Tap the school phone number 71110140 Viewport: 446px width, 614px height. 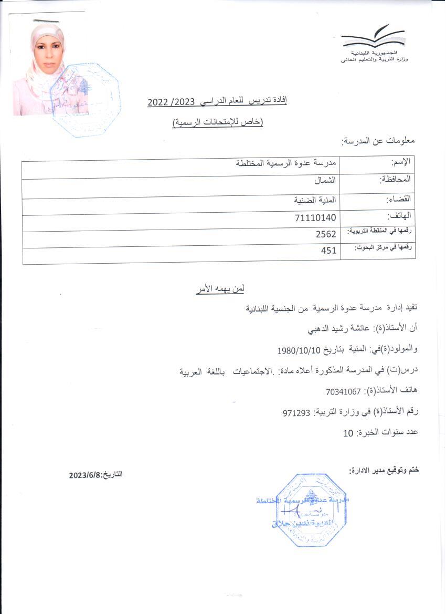tap(316, 217)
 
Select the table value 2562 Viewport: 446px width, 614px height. tap(325, 234)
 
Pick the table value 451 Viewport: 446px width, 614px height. tap(328, 251)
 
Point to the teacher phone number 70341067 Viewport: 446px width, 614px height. tap(343, 392)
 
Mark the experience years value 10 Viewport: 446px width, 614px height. tap(348, 433)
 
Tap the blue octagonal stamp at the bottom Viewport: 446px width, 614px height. tap(311, 509)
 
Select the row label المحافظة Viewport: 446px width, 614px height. tap(395, 180)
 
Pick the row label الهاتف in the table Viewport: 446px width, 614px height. tap(399, 215)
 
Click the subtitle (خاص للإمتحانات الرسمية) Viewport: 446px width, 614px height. tap(218, 123)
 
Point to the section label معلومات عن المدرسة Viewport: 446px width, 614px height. tap(378, 141)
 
